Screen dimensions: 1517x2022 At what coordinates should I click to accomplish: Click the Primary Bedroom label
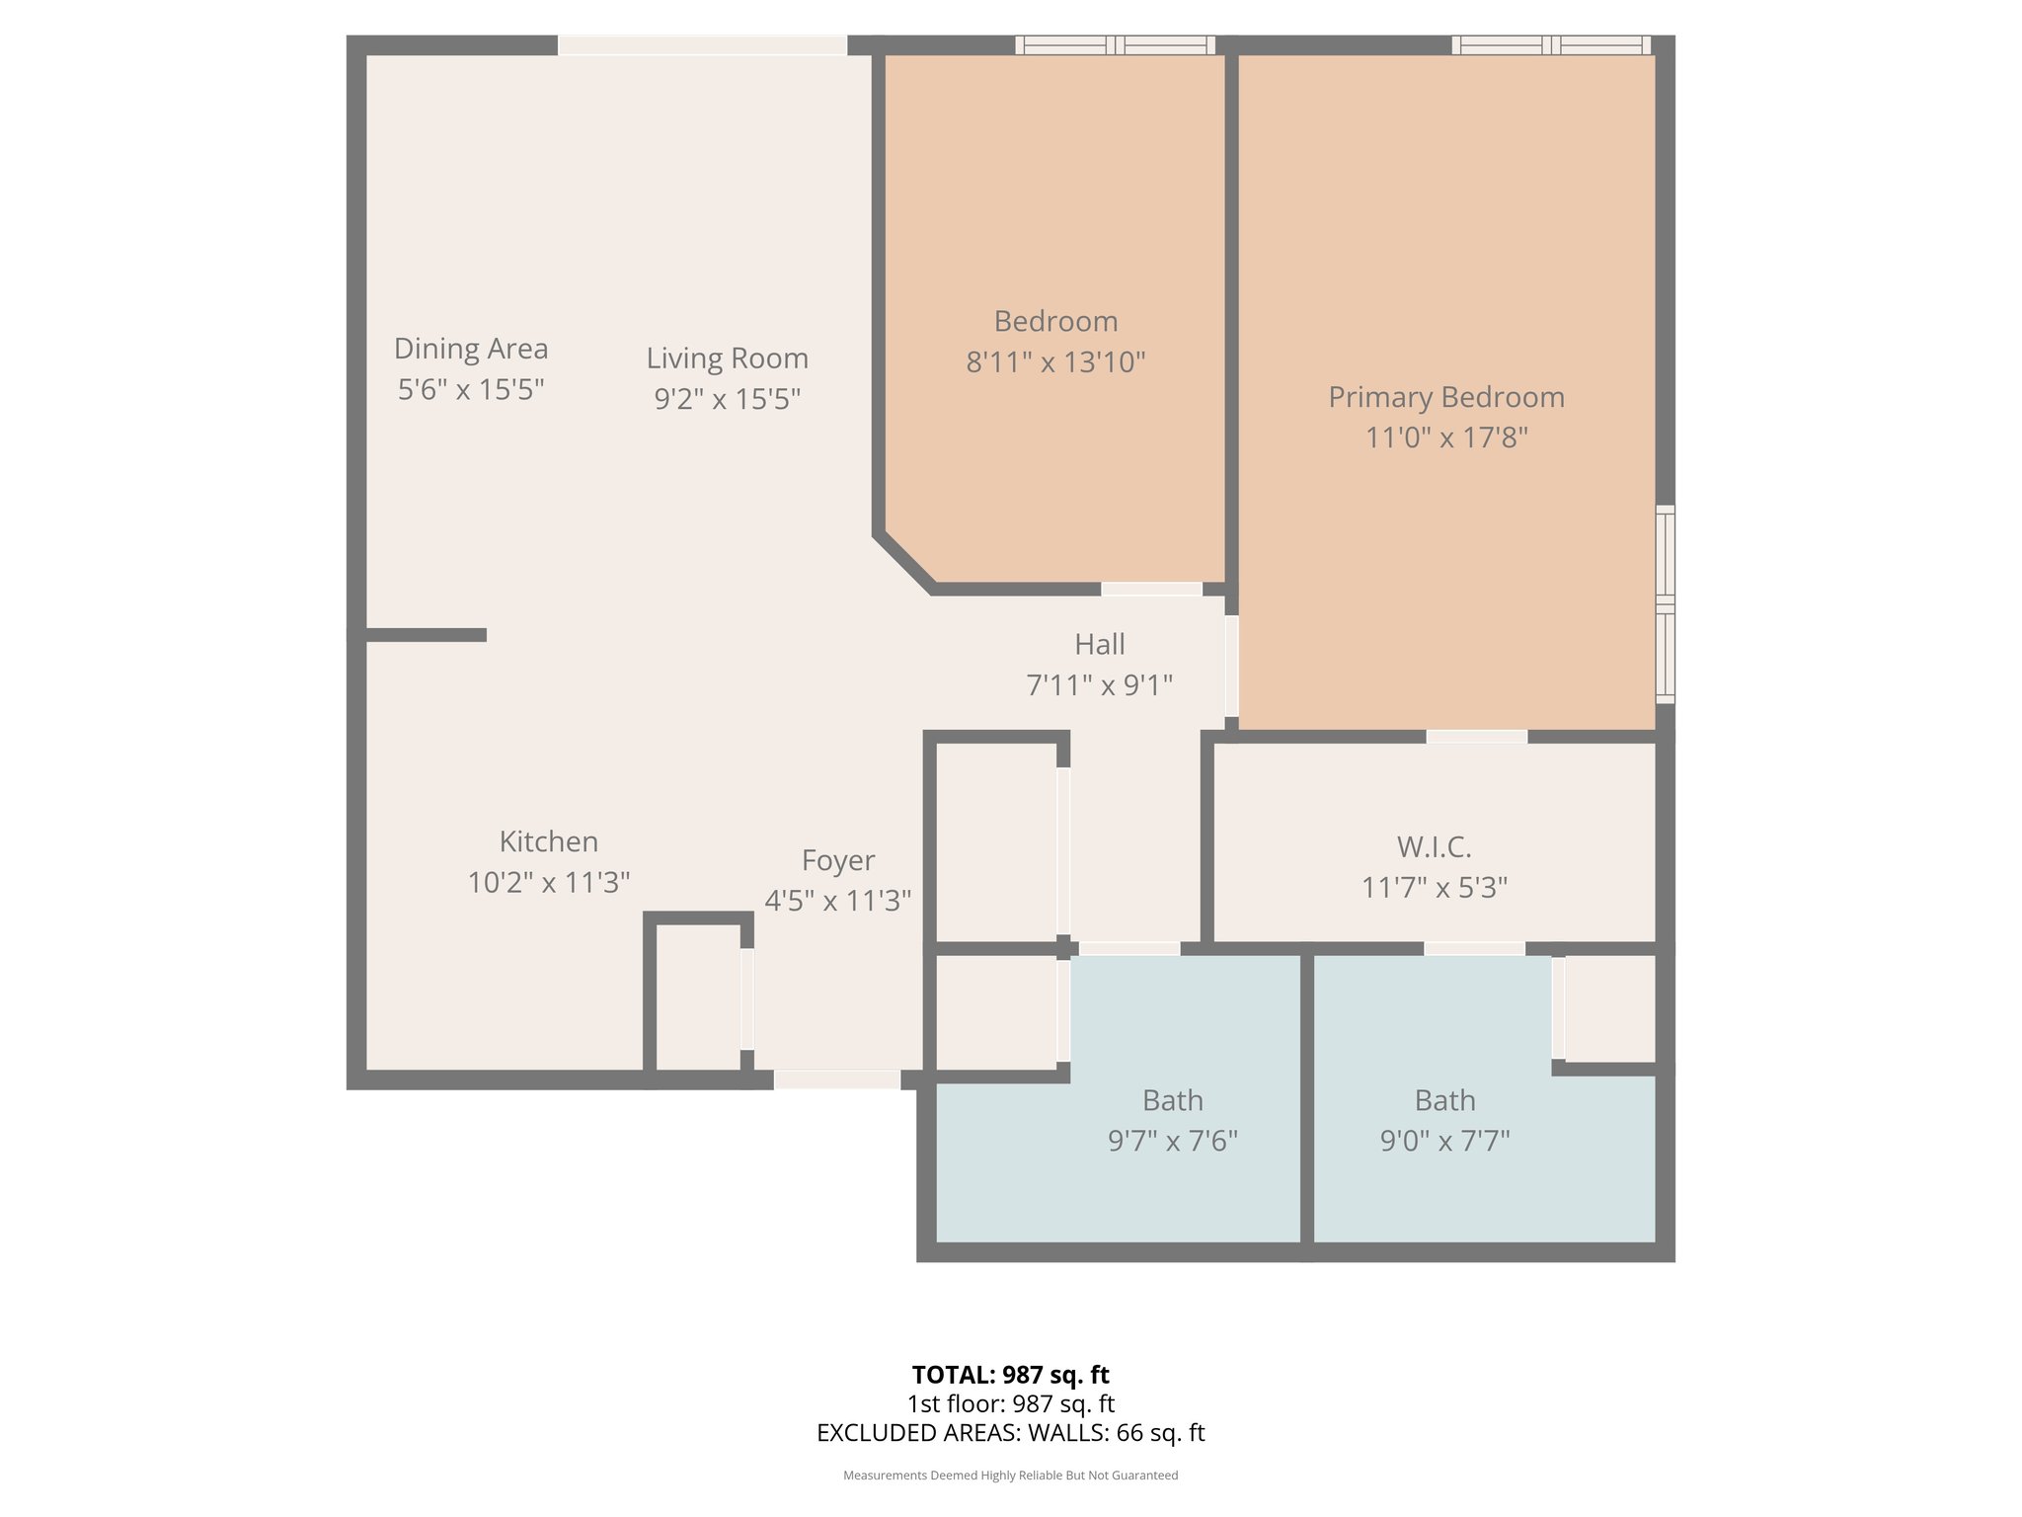[1445, 397]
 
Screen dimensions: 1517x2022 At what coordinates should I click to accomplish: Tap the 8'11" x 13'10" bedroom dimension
[1054, 362]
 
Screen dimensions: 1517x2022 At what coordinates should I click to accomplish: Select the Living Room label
[727, 359]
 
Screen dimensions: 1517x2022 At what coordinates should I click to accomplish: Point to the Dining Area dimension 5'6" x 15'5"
[471, 390]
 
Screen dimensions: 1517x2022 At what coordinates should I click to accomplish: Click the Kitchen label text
[548, 841]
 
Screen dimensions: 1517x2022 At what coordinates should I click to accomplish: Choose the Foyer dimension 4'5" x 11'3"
[837, 901]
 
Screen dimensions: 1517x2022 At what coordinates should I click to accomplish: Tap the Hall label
[1099, 645]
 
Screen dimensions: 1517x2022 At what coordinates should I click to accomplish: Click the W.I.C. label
[1434, 847]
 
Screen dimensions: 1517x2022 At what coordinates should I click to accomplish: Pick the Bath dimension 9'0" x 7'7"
[1444, 1142]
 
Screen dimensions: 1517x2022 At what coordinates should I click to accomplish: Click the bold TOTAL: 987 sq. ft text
[1010, 1375]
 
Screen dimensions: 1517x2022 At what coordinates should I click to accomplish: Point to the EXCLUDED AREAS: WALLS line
[1010, 1433]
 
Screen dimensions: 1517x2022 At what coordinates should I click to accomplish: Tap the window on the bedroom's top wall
[1115, 44]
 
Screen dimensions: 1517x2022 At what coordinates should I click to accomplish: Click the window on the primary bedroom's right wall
[1665, 604]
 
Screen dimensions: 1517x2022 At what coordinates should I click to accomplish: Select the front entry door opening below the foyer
[836, 1079]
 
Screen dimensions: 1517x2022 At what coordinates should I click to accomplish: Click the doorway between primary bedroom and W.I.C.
[1476, 737]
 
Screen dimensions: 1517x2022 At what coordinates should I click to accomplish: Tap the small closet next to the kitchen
[697, 998]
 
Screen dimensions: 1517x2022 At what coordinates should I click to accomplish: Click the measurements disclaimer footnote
[1010, 1476]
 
